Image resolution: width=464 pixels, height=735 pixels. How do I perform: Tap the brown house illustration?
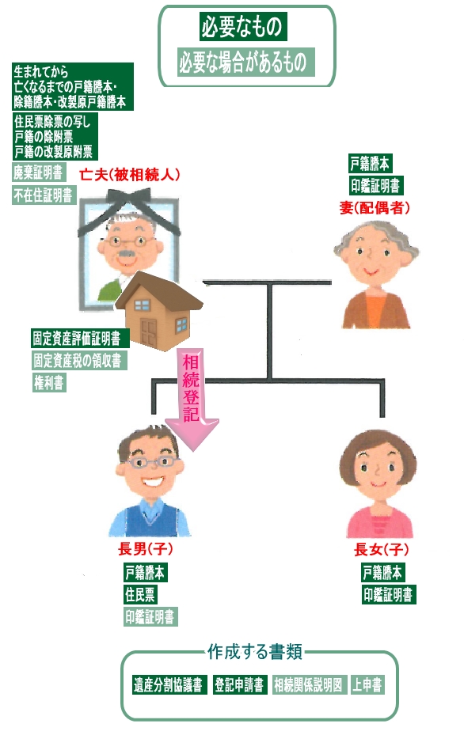pos(159,310)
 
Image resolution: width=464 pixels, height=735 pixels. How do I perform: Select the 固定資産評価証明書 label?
pos(76,338)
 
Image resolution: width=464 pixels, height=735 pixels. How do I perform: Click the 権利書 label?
pos(48,382)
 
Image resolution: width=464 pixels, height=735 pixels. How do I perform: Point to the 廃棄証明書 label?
pos(37,172)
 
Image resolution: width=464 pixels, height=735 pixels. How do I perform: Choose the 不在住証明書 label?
pos(44,195)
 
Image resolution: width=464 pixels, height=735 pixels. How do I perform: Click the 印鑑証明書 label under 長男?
pos(150,616)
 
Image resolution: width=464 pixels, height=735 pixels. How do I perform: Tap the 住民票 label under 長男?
pos(139,594)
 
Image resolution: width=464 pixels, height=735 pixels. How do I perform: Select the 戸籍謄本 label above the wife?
pos(370,163)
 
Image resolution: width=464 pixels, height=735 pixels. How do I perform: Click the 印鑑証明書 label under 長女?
pos(388,594)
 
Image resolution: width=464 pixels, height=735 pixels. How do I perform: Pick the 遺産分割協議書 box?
pos(169,685)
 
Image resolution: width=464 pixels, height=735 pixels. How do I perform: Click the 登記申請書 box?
pos(239,685)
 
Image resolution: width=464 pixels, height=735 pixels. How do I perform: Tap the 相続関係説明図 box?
pos(309,685)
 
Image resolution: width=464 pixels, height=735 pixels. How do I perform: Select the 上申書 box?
pos(367,685)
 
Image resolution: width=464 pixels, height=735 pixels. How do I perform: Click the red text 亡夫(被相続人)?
pos(130,175)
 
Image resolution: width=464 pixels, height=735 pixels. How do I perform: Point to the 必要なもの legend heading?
pos(242,26)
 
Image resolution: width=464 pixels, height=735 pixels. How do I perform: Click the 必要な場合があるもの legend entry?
pos(245,62)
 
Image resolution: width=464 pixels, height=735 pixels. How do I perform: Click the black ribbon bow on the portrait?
pos(128,210)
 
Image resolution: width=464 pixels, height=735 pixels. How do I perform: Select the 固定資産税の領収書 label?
pos(78,360)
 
